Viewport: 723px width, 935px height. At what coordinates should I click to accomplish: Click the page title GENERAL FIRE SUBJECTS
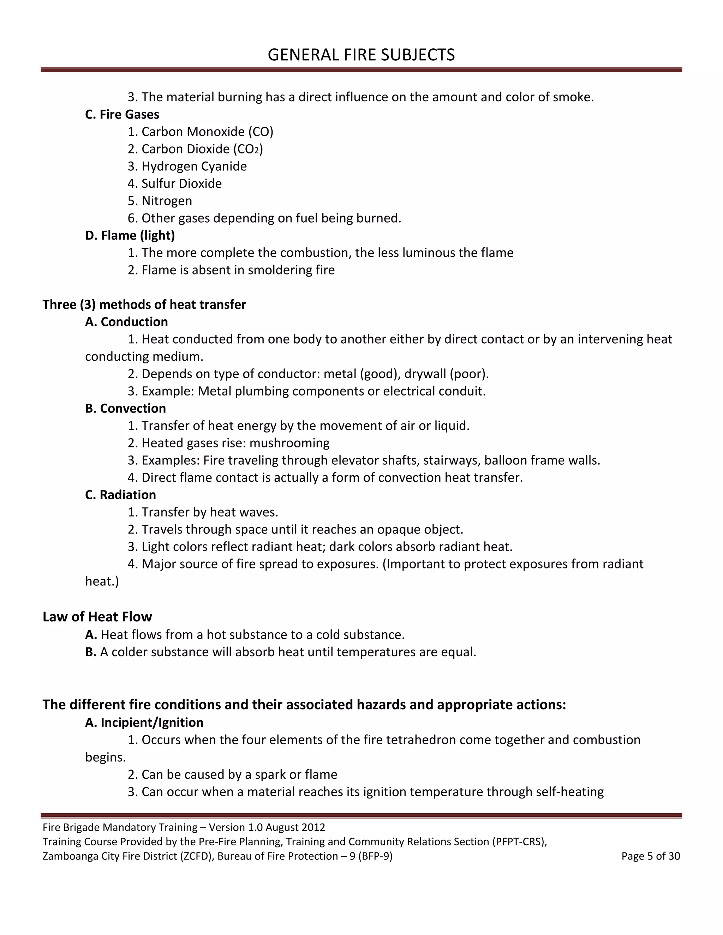tap(361, 55)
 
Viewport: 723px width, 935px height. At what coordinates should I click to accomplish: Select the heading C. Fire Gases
tap(122, 114)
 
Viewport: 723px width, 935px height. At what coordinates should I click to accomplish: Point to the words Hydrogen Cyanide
tap(194, 166)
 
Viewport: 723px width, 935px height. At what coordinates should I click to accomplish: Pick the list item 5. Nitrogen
tap(160, 201)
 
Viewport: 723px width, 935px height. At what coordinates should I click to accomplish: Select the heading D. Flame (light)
tap(130, 235)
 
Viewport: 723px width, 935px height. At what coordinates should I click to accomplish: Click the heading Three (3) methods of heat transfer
tap(144, 304)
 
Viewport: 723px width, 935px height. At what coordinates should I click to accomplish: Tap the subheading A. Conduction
tap(126, 322)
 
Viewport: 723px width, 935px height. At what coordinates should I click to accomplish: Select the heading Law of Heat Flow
tap(97, 617)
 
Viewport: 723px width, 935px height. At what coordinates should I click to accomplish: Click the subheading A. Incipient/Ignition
tap(144, 723)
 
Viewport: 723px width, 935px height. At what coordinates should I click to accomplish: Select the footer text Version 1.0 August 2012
tap(267, 827)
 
